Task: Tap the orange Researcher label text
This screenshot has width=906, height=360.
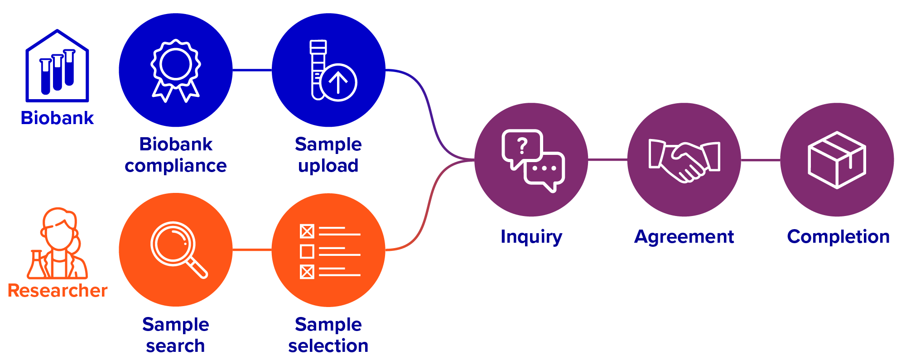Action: (58, 291)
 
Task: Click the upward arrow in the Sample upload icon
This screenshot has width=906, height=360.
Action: (338, 82)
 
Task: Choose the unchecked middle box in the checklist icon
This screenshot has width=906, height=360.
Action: (307, 251)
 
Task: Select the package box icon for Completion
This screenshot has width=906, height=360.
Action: (837, 160)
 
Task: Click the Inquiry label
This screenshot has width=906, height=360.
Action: (531, 237)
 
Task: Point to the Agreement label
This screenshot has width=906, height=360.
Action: (684, 237)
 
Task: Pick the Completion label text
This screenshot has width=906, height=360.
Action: (838, 237)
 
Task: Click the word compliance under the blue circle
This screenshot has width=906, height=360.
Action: (175, 166)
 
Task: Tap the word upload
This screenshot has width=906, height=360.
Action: (328, 166)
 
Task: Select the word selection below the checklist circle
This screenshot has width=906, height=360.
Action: (328, 346)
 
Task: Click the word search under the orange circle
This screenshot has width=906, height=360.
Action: (175, 346)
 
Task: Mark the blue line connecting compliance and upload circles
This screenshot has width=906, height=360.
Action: (252, 70)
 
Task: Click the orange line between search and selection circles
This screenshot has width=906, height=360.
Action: (252, 250)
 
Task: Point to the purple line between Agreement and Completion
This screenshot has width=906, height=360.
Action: (761, 160)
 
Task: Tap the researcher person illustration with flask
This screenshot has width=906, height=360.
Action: (58, 245)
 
